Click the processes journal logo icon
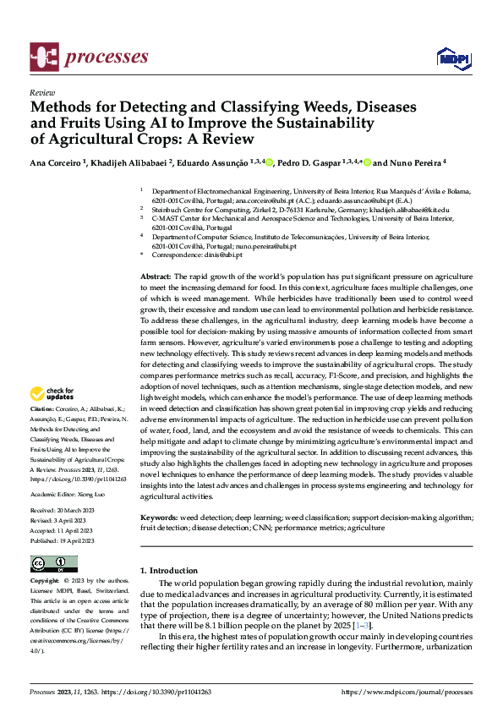point(42,58)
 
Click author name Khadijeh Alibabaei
point(134,162)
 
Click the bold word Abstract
point(156,277)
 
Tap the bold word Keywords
point(158,516)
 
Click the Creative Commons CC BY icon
point(54,564)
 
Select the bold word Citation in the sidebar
point(44,407)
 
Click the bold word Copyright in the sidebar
point(44,582)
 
